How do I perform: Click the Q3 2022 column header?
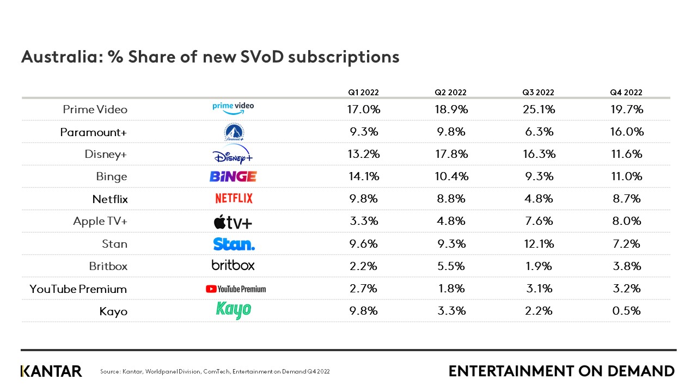click(538, 93)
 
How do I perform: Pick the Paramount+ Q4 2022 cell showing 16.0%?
click(626, 132)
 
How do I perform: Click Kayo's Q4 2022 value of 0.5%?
click(626, 311)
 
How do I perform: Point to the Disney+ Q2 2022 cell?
click(451, 154)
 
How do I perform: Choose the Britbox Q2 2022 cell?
click(451, 266)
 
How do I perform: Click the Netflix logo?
click(234, 199)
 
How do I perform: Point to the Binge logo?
click(233, 176)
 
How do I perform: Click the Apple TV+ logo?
click(233, 222)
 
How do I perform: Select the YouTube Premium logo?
click(236, 289)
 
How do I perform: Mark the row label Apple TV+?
click(100, 221)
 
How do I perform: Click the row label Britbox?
click(108, 266)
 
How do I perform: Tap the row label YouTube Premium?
click(78, 289)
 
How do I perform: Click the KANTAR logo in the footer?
click(51, 371)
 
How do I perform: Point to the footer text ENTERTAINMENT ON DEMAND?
click(561, 371)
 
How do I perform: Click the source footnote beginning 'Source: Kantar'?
click(215, 372)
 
